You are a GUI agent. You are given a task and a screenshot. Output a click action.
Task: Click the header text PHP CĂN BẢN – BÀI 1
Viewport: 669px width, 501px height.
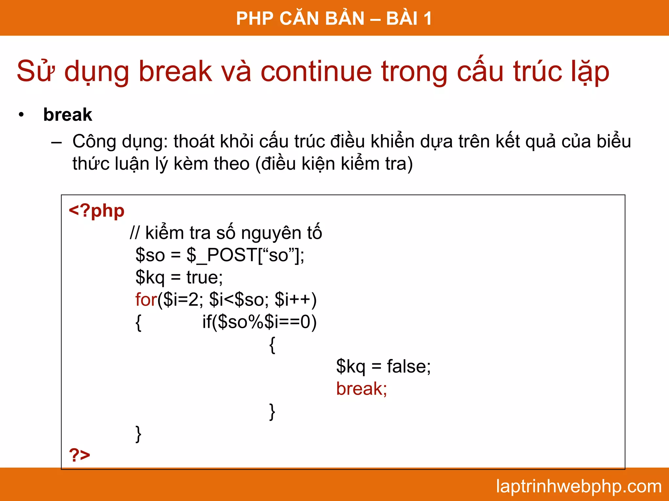point(334,18)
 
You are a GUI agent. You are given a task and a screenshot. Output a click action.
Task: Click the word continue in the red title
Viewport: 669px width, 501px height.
point(316,71)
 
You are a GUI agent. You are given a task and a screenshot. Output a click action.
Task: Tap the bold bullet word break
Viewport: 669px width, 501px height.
point(68,114)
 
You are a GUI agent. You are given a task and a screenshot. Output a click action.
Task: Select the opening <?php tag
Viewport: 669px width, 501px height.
point(96,211)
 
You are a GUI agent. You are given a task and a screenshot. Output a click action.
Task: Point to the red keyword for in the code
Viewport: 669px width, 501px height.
point(146,299)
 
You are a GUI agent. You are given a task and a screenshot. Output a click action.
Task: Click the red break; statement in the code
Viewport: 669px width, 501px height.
point(361,388)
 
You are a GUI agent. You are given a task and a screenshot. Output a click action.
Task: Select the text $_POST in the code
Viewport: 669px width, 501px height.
point(222,255)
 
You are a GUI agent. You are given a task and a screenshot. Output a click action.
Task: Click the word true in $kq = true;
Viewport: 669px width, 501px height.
point(202,277)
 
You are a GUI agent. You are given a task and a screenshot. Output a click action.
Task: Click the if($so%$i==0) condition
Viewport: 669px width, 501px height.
point(259,322)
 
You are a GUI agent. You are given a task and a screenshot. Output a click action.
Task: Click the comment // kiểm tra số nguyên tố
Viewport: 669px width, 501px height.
point(226,233)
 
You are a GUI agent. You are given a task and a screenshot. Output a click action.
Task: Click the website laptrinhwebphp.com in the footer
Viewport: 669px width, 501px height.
point(579,486)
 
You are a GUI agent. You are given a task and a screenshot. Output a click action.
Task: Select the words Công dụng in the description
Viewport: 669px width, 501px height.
point(119,142)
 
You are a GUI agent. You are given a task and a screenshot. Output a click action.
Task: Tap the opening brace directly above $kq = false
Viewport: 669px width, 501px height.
point(272,345)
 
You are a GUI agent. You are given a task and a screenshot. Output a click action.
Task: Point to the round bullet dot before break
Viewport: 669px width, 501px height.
point(22,115)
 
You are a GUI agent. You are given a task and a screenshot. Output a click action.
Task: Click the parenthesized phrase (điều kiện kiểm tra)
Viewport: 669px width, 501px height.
point(334,164)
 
